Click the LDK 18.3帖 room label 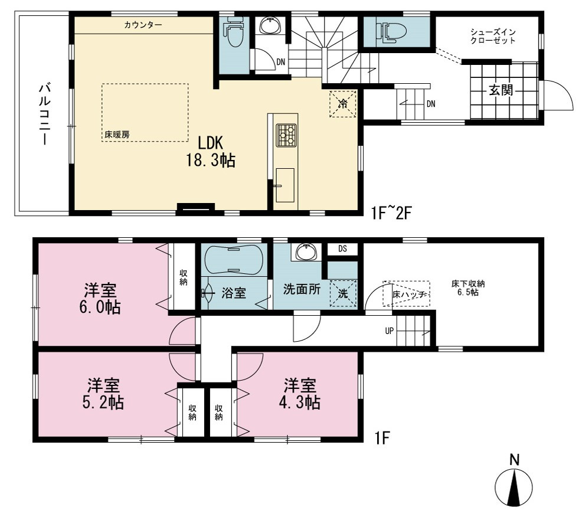click(211, 152)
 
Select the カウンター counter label click(143, 25)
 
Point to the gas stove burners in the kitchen click(286, 135)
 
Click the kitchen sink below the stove click(284, 185)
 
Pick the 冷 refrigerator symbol click(343, 104)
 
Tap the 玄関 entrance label click(501, 90)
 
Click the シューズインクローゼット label click(493, 36)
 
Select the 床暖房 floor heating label click(117, 135)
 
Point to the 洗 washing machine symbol click(343, 293)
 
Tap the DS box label click(343, 248)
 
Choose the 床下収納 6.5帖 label click(468, 288)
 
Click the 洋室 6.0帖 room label click(100, 299)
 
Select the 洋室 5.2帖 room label click(103, 394)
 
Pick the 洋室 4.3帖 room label click(299, 394)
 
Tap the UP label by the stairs click(389, 331)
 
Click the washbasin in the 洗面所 click(305, 252)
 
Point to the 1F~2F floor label click(392, 213)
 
